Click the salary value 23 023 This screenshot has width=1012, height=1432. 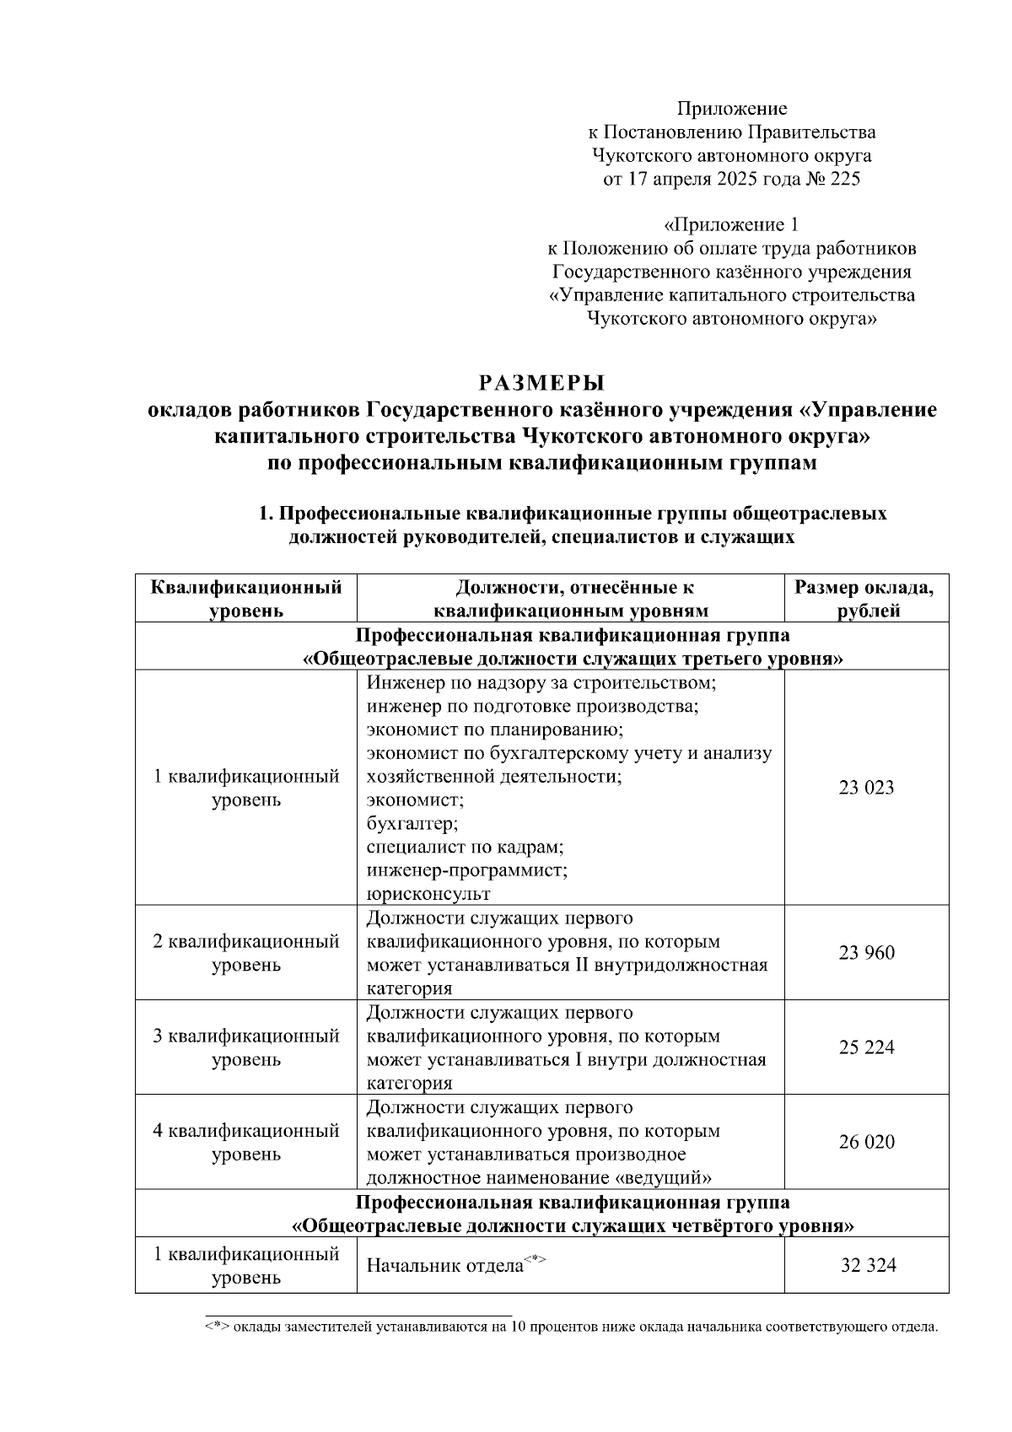click(x=866, y=788)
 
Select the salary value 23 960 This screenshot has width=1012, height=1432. click(x=866, y=953)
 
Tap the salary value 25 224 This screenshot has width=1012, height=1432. click(x=866, y=1047)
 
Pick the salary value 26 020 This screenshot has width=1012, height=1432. click(x=866, y=1142)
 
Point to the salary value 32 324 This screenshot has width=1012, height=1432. click(x=868, y=1265)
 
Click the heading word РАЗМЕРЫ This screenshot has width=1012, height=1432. click(x=542, y=383)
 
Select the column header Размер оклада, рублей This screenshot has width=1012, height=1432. click(x=866, y=599)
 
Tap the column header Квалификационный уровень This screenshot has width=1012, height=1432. click(x=246, y=599)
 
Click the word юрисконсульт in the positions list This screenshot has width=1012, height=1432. click(x=428, y=893)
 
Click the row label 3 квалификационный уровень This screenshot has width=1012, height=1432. click(x=246, y=1047)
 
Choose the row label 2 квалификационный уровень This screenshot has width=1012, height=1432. click(x=246, y=953)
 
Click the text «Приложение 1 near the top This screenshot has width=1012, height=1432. click(x=730, y=225)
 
